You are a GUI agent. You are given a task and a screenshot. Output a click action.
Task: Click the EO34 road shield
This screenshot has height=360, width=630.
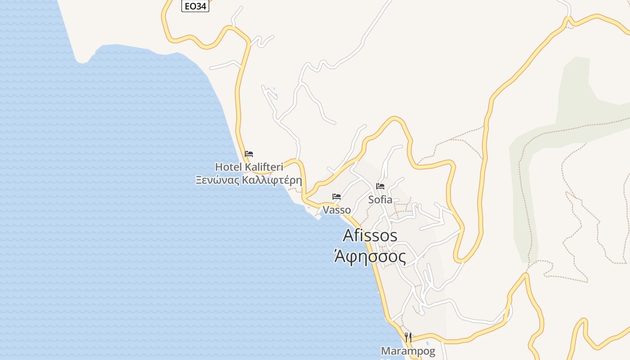point(195,6)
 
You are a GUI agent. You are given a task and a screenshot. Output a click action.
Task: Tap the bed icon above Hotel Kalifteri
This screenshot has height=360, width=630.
point(249,154)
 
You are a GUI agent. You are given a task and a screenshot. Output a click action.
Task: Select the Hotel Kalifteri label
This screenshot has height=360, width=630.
point(249,167)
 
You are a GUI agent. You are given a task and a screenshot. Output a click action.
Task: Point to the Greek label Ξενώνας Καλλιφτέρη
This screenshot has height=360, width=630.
point(249,180)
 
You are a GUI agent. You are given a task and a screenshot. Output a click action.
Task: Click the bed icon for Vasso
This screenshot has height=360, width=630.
point(337,197)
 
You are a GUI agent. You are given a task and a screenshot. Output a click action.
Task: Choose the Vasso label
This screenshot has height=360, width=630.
point(337,210)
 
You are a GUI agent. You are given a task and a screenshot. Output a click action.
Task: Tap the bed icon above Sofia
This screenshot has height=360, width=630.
point(380,186)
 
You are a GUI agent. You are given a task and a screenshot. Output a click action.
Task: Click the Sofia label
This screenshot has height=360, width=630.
point(380,199)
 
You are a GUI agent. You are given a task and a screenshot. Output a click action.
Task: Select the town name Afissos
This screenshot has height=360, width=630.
point(370,235)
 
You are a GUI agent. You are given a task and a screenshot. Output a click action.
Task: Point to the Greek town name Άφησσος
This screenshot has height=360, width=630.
point(370,256)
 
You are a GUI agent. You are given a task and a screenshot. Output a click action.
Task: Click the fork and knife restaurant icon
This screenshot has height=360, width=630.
point(408,337)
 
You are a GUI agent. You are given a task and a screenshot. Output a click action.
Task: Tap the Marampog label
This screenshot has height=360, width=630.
point(408,351)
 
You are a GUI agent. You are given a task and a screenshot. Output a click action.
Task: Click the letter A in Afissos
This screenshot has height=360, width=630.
point(349,235)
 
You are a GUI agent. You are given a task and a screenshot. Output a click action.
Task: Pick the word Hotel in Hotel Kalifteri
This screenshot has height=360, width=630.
point(228,167)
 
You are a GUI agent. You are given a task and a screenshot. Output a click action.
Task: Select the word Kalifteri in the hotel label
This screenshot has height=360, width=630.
point(264,167)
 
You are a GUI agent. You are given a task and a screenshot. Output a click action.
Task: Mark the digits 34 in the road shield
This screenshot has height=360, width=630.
point(200,6)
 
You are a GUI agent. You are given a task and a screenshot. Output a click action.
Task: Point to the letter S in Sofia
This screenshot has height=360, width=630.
point(371,199)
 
